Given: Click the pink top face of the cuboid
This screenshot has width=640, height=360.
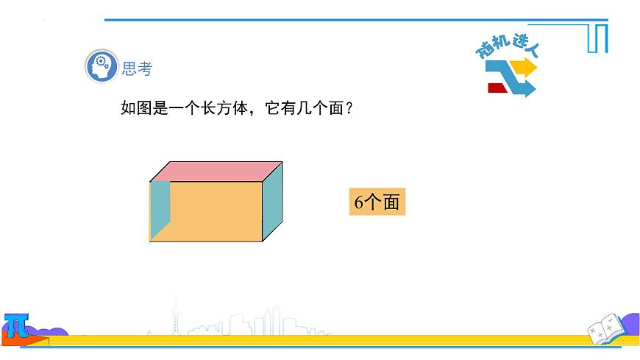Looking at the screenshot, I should click(217, 171).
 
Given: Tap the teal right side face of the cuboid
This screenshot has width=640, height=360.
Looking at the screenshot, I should click(273, 202).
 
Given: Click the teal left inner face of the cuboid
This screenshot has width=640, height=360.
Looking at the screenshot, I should click(160, 209).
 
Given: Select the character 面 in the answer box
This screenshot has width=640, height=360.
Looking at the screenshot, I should click(391, 202).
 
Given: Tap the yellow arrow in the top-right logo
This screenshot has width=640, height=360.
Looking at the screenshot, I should click(525, 68).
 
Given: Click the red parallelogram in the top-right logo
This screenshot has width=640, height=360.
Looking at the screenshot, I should click(498, 88).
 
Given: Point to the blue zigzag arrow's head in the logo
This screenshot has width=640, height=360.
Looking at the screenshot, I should click(529, 88).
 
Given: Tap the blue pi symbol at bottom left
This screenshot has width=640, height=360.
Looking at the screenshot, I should click(15, 325).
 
